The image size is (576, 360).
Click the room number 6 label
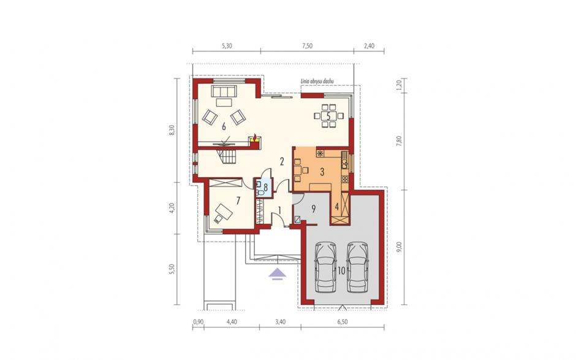224,127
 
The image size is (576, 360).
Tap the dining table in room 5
329,116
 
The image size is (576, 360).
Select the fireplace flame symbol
254,137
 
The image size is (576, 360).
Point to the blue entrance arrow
278,274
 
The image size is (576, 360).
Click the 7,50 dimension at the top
307,46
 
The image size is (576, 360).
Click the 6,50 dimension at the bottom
342,322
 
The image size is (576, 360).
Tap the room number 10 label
341,271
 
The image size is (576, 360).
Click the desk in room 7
224,212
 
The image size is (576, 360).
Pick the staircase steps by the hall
227,156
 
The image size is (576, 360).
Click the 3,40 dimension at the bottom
280,322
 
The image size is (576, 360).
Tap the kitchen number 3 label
322,172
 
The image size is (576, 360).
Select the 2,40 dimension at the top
369,46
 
